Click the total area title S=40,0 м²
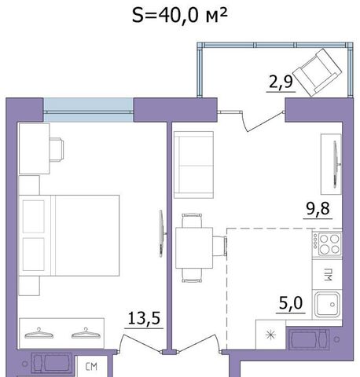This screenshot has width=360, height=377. click(x=179, y=16)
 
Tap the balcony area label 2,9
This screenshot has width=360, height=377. click(x=281, y=82)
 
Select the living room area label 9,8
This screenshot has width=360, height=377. click(x=318, y=209)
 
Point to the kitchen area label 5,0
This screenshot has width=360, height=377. click(x=291, y=303)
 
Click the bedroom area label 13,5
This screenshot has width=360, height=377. click(x=144, y=318)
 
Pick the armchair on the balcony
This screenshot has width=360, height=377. click(x=317, y=72)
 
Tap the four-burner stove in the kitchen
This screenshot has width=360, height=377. click(x=327, y=244)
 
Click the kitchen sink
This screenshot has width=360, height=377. click(x=327, y=305)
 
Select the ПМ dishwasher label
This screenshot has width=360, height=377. click(x=328, y=274)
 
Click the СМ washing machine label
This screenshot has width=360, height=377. click(x=91, y=367)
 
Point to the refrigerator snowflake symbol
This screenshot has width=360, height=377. click(x=270, y=335)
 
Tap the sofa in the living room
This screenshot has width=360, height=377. click(x=193, y=165)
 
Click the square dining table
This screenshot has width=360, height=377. click(x=194, y=248)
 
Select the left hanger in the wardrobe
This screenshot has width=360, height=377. click(x=39, y=333)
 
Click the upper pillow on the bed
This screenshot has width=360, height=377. click(x=34, y=217)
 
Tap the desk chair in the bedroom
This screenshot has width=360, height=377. click(x=57, y=149)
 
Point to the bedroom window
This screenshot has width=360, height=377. click(x=88, y=110)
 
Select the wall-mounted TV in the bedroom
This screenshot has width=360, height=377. click(x=163, y=233)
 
